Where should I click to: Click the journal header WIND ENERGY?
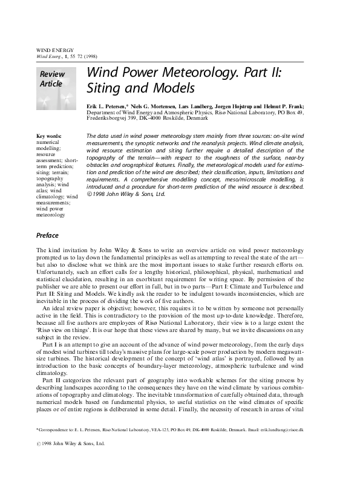(55, 50)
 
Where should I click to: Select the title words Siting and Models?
(140, 88)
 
